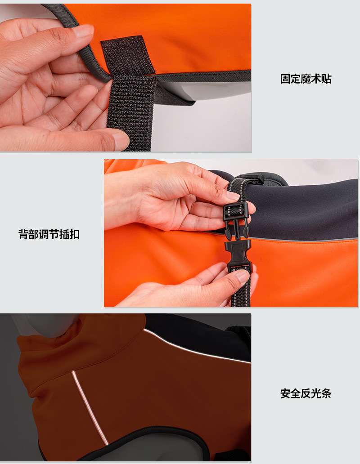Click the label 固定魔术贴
(x=306, y=79)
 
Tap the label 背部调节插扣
(x=49, y=234)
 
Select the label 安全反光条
(x=306, y=393)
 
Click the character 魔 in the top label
(x=306, y=79)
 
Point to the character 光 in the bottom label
(x=316, y=393)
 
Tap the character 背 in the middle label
(x=23, y=234)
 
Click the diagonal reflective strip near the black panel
(x=197, y=346)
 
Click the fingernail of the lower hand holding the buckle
(x=243, y=276)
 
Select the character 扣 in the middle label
(x=75, y=234)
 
